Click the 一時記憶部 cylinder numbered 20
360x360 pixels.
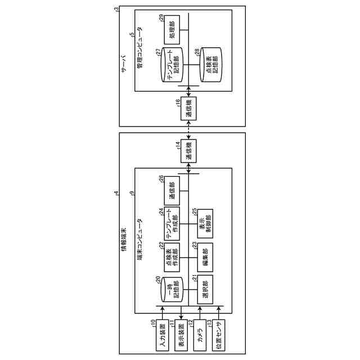click(x=171, y=290)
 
